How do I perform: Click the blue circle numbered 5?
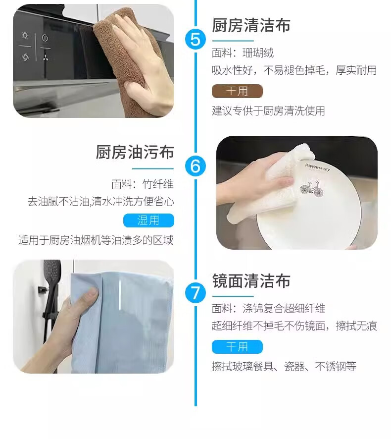coord(195,39)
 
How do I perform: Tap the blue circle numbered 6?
coord(195,166)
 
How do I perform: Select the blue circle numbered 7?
coord(195,293)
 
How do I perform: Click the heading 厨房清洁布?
coord(251,25)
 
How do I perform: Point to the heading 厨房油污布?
coord(135,152)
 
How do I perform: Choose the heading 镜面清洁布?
coord(251,281)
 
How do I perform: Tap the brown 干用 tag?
coord(237,91)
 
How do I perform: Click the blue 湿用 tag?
coord(148,220)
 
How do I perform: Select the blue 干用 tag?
coord(237,347)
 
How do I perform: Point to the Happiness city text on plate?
coord(317,167)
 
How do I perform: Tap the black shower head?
coord(52,269)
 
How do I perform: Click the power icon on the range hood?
coord(45,38)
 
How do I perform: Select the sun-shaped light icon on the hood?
coord(25,35)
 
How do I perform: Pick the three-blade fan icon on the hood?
coord(46,57)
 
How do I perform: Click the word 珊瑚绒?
coord(258,53)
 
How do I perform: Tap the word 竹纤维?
coord(158,184)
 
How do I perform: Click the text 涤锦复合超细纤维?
coord(284,308)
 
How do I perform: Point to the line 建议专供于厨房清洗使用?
coord(268,110)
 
